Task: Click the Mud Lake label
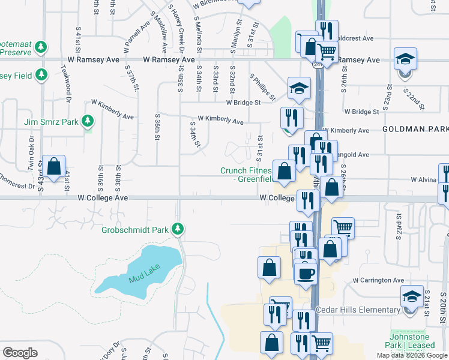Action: tap(141, 278)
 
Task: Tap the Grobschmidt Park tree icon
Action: tap(178, 229)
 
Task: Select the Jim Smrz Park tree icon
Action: tap(88, 121)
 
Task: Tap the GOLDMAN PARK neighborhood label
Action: tap(415, 129)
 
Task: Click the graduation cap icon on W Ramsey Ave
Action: tap(405, 59)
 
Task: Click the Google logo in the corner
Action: tap(20, 353)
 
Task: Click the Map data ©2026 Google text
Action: tap(412, 355)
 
